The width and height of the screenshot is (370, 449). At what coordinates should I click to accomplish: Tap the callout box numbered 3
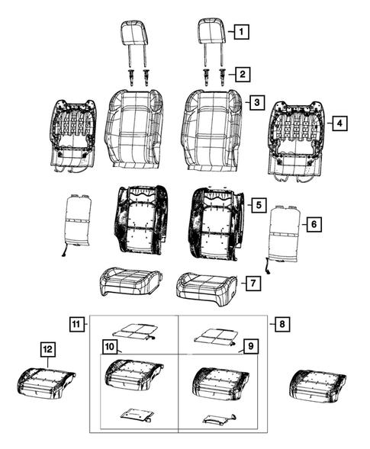(256, 103)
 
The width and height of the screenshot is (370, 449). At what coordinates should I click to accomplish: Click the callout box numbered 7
(251, 284)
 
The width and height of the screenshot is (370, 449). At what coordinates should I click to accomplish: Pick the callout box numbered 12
(48, 349)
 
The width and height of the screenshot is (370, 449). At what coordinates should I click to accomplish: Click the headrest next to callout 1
(211, 34)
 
